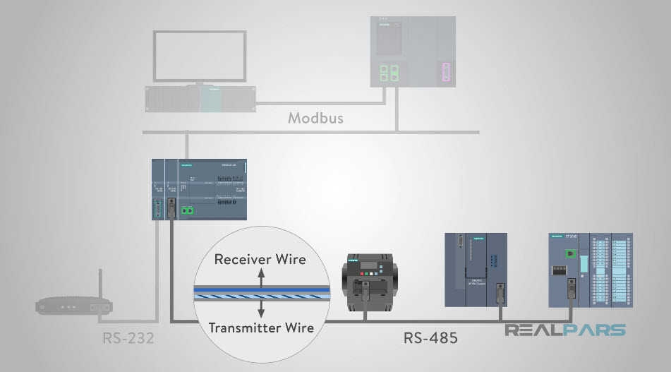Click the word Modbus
(315, 118)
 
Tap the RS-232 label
(128, 338)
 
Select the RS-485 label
(430, 338)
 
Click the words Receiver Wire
(260, 259)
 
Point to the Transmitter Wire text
(260, 327)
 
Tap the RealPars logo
(564, 330)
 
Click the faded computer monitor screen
(200, 56)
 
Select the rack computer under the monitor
(200, 99)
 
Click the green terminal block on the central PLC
(188, 210)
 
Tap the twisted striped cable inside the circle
(260, 292)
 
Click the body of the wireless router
(74, 306)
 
